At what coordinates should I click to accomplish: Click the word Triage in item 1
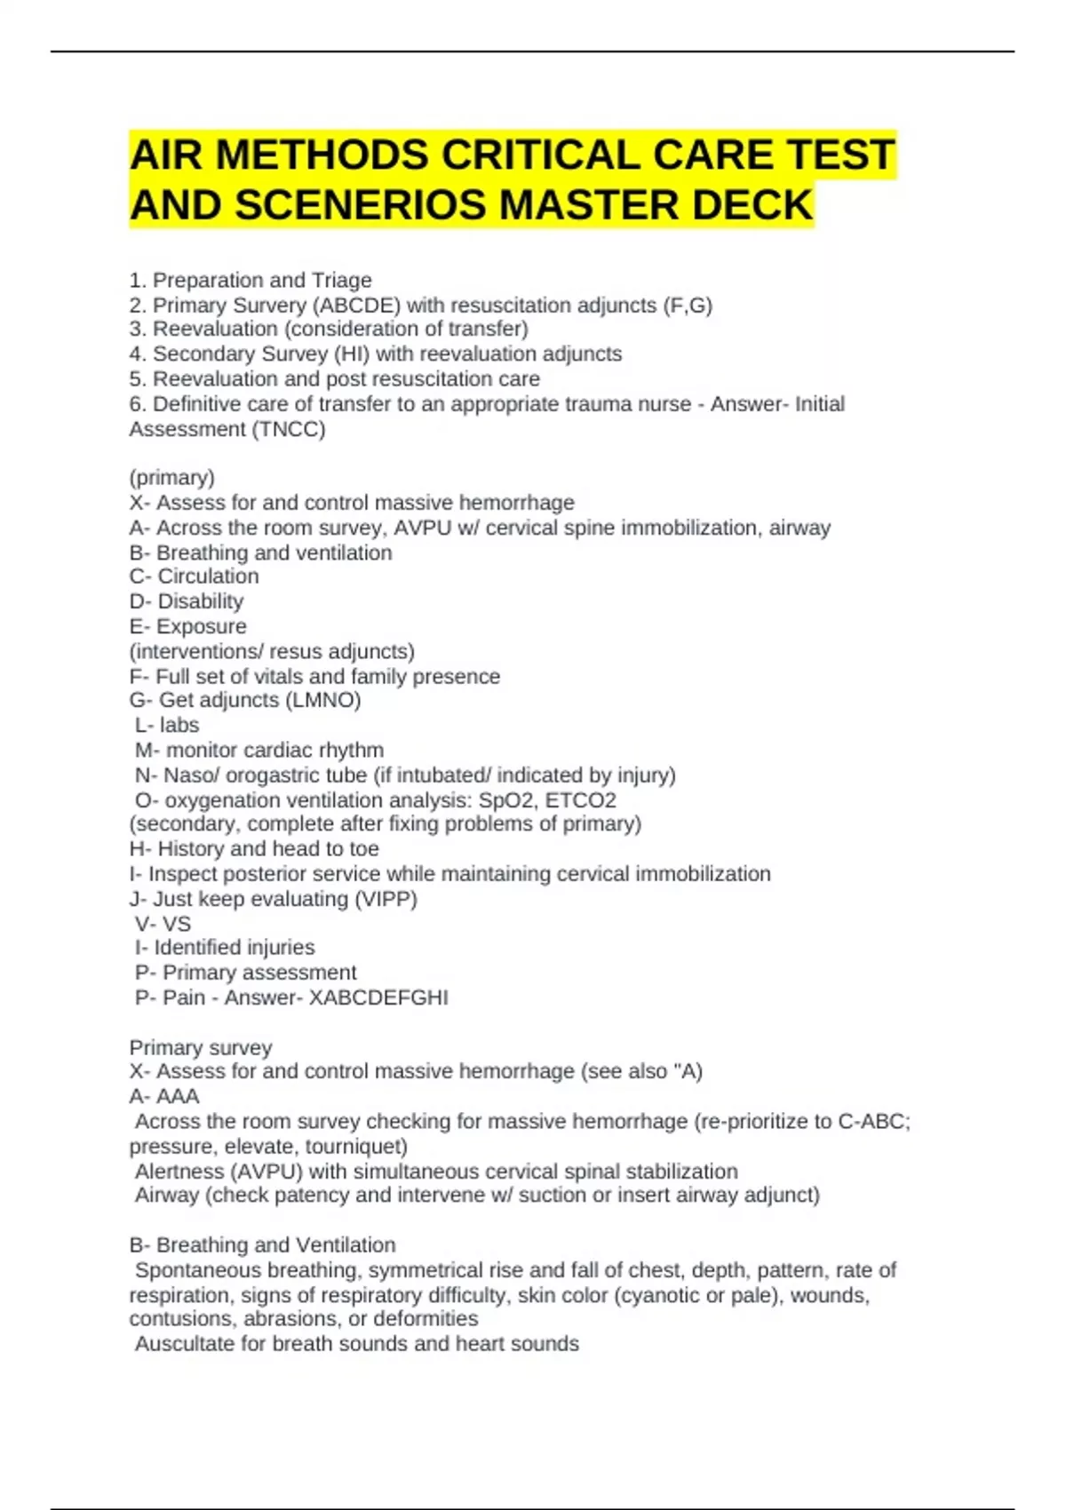342,281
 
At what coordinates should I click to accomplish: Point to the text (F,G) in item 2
688,306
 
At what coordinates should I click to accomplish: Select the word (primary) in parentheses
172,478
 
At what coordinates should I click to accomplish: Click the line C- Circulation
195,576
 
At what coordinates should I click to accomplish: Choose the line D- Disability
187,601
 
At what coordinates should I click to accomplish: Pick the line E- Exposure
188,626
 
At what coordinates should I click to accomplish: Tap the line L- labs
167,726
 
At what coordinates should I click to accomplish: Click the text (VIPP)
386,899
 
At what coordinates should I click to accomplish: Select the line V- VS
163,924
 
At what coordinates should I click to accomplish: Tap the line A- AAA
164,1096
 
